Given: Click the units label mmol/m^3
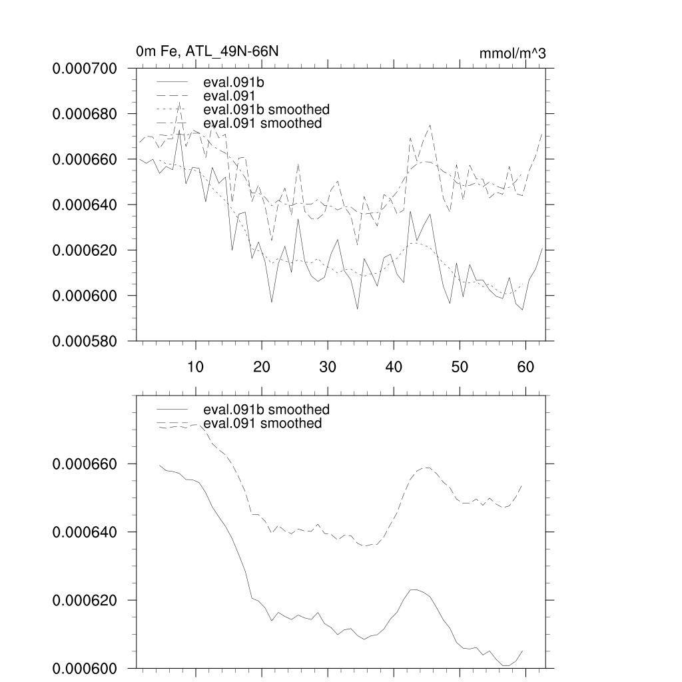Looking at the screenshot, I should coord(512,54).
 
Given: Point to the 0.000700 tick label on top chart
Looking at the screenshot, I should coord(85,69).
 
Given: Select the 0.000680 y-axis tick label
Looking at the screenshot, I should coord(85,114).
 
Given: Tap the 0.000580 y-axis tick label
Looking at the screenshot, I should coord(85,341).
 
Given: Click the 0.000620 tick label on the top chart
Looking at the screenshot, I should coord(85,250).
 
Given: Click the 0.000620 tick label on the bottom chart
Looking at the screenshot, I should coord(85,601).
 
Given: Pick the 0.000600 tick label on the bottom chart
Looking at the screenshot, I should coord(85,669).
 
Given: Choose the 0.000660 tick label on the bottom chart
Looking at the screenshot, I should coord(85,464).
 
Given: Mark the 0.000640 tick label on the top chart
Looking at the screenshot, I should coord(85,205).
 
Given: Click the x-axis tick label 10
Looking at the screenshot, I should coord(196,366).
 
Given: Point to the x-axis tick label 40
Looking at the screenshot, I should coord(394,366).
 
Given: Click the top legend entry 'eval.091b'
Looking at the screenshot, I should coord(230,83).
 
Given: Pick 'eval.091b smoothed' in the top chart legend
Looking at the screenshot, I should coord(266,109).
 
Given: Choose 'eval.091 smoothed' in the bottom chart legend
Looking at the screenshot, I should coord(262,424).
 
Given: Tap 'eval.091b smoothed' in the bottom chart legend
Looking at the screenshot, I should coord(266,410).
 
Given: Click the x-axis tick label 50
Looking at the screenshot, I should coord(460,366).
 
